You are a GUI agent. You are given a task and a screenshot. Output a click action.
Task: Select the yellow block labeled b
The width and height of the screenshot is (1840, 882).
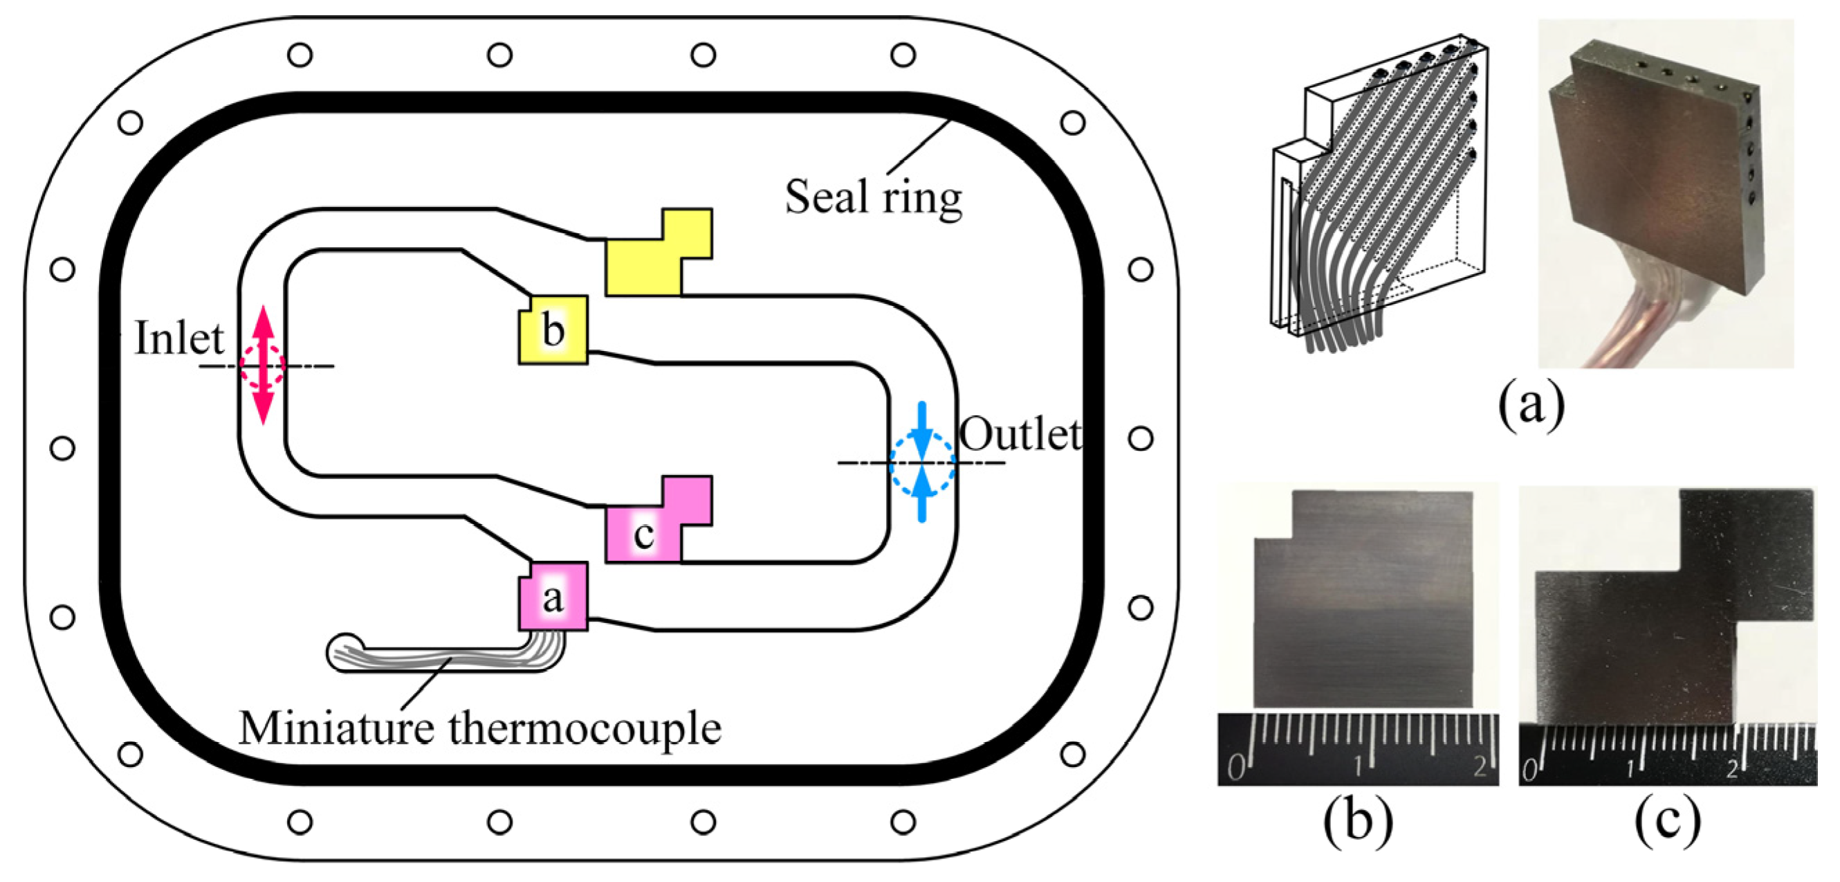pos(553,330)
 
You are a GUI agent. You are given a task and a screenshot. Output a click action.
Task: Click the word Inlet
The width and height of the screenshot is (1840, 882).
pos(179,337)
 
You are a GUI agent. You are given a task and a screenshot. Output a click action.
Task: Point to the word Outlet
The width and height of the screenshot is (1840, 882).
pos(1020,434)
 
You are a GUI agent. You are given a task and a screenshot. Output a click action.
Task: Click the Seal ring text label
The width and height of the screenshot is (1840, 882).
pos(873,197)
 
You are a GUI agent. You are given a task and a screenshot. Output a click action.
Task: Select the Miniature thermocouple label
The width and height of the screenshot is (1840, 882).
pos(479,728)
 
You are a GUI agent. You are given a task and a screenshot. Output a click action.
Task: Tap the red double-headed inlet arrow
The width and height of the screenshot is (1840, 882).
pos(264,365)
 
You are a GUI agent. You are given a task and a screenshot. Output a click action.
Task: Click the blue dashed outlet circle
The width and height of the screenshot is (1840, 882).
pos(921,462)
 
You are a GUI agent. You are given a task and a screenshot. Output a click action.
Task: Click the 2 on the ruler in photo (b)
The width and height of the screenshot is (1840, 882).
pos(1479,767)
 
